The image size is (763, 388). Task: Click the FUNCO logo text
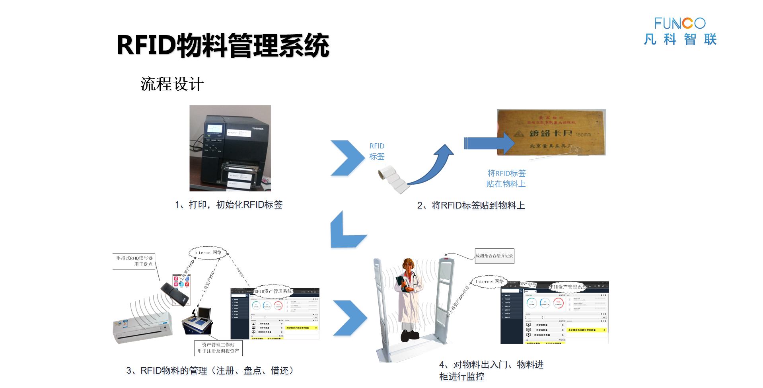(679, 23)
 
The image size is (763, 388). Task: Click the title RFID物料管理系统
(223, 45)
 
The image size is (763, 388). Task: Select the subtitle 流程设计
(172, 84)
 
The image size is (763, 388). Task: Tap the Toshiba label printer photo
(230, 148)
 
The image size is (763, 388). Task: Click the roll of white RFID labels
(393, 179)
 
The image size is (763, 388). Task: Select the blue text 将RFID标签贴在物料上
(506, 178)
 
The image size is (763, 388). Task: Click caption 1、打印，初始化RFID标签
(229, 205)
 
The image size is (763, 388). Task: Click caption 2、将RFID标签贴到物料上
(471, 205)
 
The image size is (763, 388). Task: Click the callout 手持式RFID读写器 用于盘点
(134, 261)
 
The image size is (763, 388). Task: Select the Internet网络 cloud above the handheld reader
(208, 253)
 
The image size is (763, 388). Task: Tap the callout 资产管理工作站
(218, 347)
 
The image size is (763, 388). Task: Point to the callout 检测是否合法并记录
(494, 256)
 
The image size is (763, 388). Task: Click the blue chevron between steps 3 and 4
(349, 318)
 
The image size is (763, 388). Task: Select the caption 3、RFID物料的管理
(210, 370)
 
